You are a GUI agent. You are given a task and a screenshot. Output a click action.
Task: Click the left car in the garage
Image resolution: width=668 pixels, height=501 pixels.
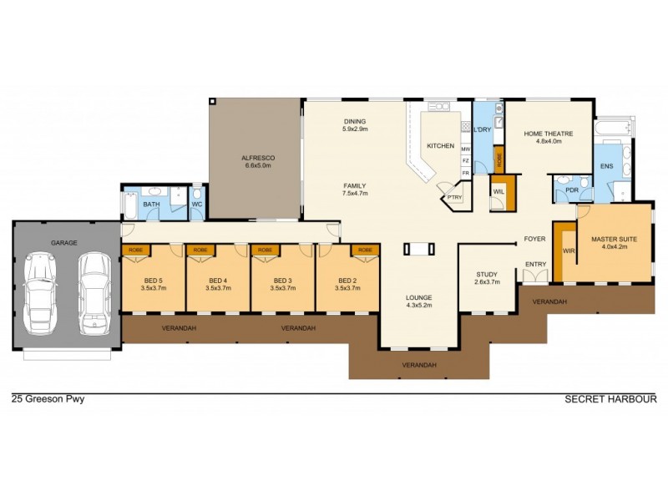point(41,286)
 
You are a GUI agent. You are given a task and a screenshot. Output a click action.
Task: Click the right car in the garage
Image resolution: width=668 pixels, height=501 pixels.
point(94,285)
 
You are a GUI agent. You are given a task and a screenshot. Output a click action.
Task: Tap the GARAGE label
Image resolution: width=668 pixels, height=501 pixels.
point(64,243)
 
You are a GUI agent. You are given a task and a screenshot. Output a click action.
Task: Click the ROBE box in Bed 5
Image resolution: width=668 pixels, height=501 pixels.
point(134,250)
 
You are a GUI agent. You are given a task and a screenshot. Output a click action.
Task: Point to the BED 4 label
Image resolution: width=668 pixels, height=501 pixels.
point(218,280)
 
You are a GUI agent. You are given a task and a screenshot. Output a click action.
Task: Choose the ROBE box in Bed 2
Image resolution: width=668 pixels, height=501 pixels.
point(366,250)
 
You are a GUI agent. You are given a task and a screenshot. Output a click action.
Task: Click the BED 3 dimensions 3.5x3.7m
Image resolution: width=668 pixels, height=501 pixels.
point(283,288)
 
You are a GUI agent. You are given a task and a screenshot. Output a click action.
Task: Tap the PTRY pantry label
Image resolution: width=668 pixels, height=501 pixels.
point(454,197)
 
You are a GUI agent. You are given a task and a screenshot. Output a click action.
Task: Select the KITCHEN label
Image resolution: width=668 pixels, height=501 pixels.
point(440,146)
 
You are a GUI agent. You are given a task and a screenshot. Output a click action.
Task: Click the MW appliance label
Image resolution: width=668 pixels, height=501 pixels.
point(466,149)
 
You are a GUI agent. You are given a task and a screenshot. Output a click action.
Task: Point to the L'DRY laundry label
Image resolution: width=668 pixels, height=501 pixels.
point(482,131)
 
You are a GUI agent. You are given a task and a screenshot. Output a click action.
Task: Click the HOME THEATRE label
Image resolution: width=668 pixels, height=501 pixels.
point(548,134)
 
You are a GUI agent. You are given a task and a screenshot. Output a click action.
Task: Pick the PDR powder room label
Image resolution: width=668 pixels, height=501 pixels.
point(572,190)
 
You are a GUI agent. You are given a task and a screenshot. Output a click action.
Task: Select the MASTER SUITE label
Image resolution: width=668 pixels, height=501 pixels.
point(614,239)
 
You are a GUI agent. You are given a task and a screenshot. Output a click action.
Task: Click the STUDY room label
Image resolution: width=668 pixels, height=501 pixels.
point(487,274)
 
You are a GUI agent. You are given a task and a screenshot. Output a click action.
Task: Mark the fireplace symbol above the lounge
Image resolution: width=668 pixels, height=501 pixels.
point(419,248)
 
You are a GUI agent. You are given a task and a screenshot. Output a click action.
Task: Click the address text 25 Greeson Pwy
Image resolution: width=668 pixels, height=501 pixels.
point(48,399)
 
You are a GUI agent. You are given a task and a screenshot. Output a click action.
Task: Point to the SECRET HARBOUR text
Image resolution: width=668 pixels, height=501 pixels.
point(611,399)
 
